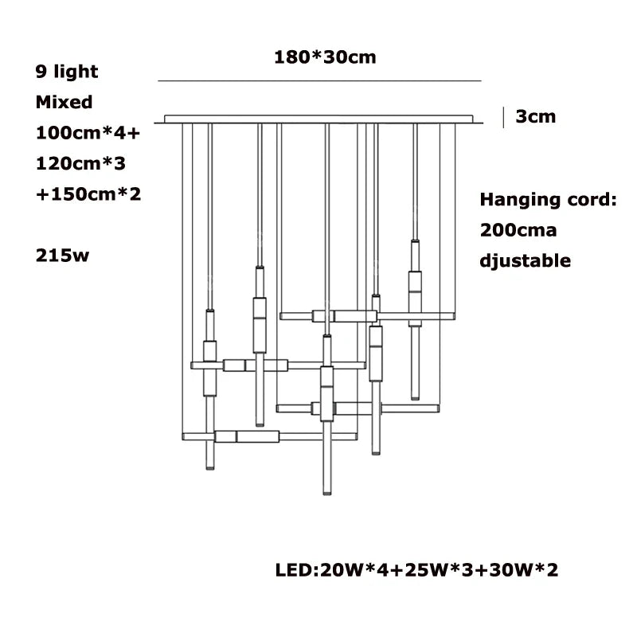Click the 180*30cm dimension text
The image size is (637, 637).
point(325,57)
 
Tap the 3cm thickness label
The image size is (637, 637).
point(535,116)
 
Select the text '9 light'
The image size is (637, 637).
point(67,72)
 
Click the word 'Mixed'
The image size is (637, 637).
point(64,102)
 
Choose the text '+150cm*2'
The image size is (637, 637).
point(88,193)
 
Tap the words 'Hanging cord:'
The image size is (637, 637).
point(549,200)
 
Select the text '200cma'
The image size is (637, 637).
point(518,230)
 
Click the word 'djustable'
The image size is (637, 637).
point(526,260)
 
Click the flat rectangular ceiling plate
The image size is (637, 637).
point(322,119)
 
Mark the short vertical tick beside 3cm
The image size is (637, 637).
point(503,116)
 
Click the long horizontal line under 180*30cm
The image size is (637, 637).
point(320,81)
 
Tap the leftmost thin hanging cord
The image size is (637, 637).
point(185,279)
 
